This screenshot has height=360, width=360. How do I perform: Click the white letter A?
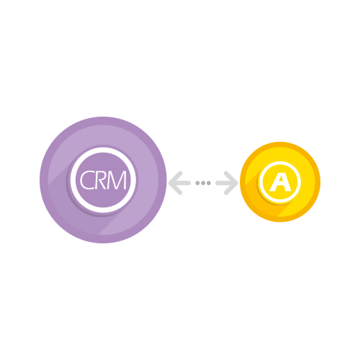pos(280,183)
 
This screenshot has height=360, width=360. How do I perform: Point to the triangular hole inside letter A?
pos(280,183)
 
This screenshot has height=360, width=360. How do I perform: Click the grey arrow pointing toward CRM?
pos(179,183)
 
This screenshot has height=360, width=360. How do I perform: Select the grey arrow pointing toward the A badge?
pos(227,183)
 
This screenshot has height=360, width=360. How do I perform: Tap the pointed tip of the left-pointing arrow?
pos(168,183)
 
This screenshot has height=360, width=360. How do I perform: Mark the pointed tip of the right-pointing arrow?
pos(238,183)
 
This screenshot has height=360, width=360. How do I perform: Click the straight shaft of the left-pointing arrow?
pos(181,183)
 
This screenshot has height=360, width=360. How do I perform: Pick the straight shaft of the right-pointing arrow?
pos(225,183)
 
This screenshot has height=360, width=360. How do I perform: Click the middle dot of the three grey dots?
pos(203,183)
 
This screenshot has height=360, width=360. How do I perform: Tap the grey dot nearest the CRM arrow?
pos(197,183)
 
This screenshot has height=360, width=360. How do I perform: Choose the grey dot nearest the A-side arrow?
pos(209,183)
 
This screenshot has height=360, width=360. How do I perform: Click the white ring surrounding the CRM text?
pos(73,180)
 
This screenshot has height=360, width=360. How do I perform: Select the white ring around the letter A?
pos(261,182)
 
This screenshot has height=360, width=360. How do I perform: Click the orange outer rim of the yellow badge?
pos(242,182)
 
